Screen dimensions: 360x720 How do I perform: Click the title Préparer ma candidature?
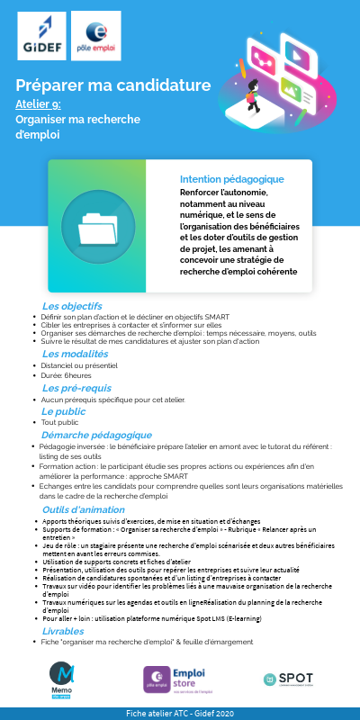(x=113, y=85)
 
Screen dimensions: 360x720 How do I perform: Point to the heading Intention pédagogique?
(x=231, y=179)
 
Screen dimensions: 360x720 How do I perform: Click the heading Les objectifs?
(x=72, y=306)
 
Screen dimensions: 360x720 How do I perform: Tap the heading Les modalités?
(x=75, y=354)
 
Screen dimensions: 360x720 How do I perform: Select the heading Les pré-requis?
(x=77, y=388)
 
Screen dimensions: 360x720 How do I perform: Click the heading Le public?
(x=63, y=411)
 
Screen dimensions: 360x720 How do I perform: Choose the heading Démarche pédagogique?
(x=96, y=435)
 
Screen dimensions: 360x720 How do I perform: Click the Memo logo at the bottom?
(x=63, y=679)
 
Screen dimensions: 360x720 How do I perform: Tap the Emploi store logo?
(x=179, y=679)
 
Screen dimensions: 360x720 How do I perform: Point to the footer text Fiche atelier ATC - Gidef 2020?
(x=180, y=713)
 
